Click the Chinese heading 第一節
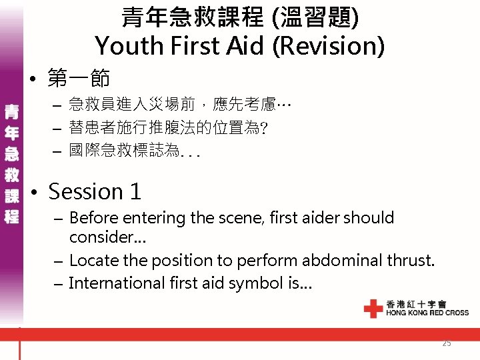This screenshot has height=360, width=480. [79, 79]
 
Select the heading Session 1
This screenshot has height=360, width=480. [95, 191]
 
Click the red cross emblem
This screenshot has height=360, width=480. [373, 308]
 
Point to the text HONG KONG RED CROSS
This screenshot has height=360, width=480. [427, 313]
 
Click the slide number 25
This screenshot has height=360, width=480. [446, 343]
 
